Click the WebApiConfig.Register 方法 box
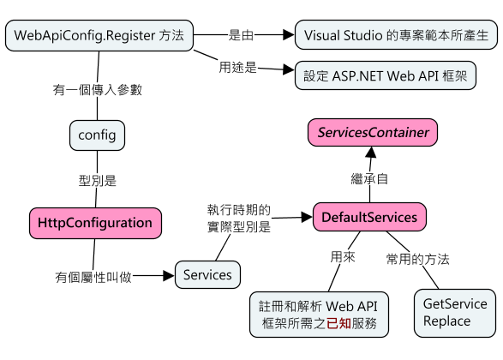coord(99,35)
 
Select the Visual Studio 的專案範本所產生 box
coord(396,35)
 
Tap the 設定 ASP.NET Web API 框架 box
coord(386,75)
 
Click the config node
coord(97,135)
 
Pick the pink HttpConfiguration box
coord(95,223)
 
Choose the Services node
coord(207,274)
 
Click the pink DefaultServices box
coord(369,217)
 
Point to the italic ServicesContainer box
coord(373,133)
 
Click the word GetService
coord(455,303)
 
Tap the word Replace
coord(446,321)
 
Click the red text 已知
coord(338,323)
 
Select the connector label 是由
coord(241,35)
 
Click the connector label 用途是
coord(238,68)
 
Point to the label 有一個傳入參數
coord(98,90)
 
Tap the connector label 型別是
coord(98,181)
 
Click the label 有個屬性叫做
coord(93,277)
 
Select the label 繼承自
coord(369,179)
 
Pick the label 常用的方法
coord(417,259)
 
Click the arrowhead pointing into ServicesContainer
coord(371,152)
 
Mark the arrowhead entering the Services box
coord(169,276)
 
